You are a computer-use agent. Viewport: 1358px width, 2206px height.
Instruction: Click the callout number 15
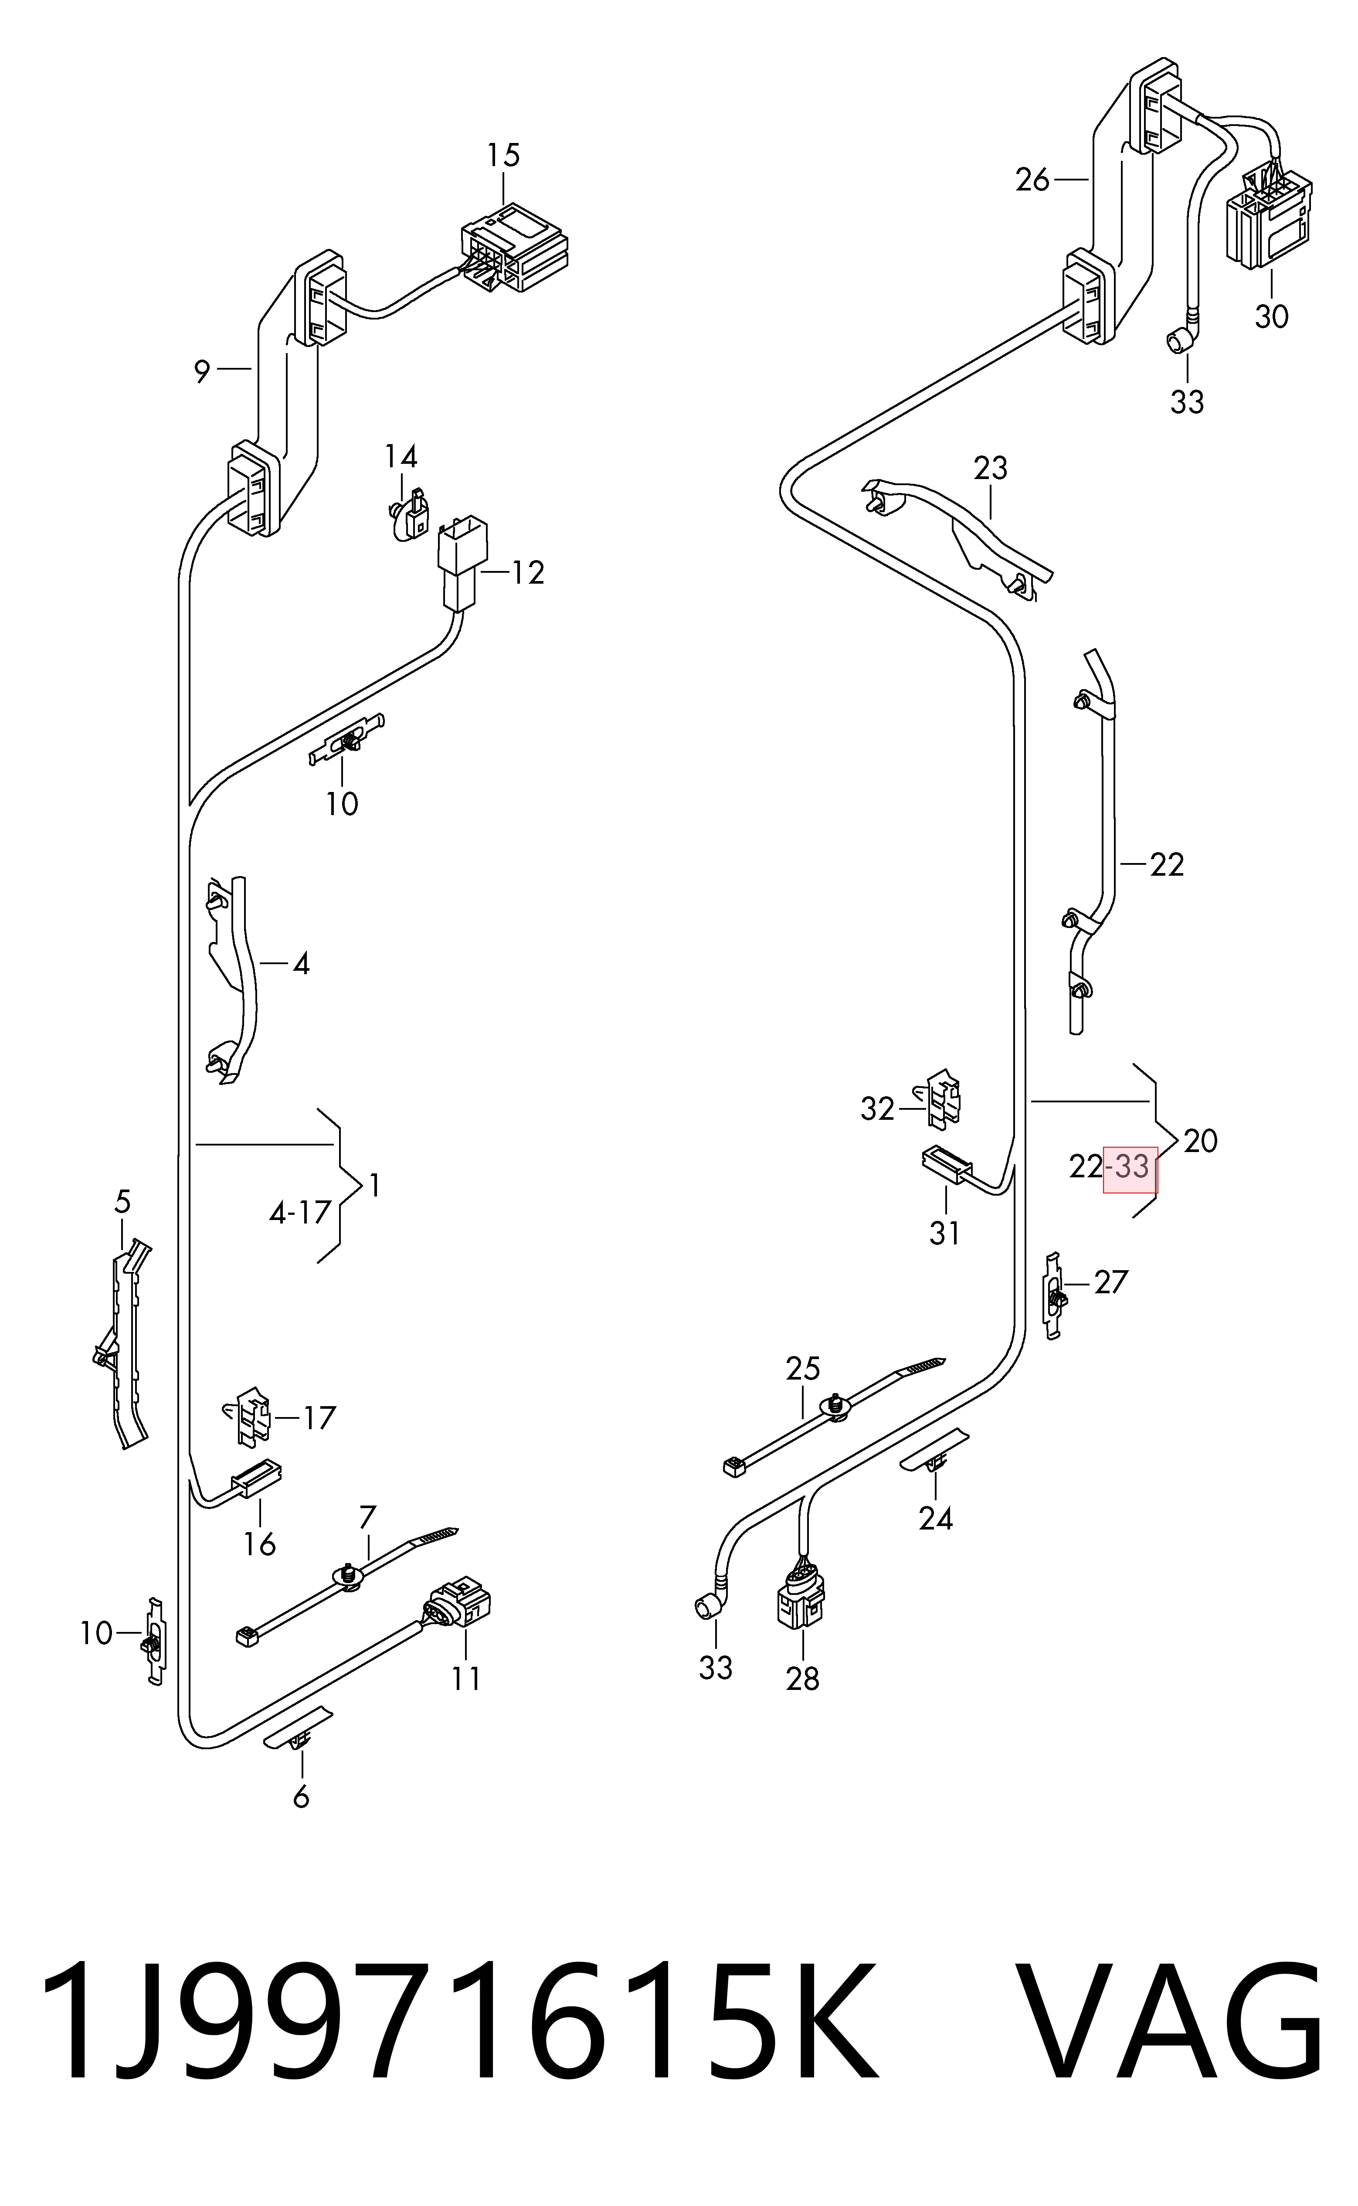504,156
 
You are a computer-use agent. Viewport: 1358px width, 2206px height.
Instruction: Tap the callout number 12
528,573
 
